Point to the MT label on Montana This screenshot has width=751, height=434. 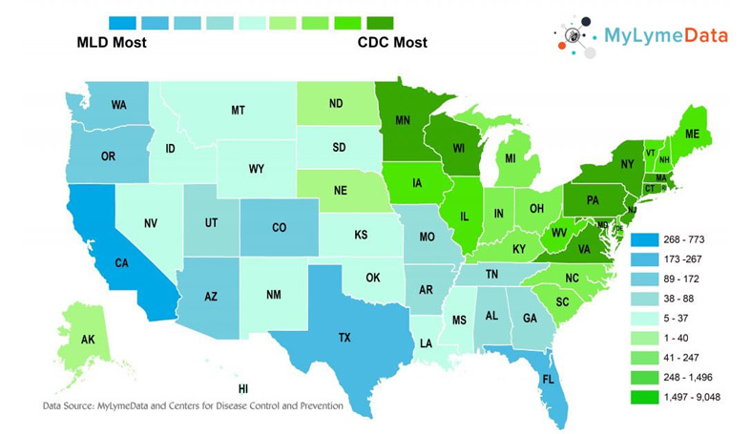238,111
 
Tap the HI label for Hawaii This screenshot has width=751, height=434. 243,389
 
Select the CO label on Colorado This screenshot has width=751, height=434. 279,228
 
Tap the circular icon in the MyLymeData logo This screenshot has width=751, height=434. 574,36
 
